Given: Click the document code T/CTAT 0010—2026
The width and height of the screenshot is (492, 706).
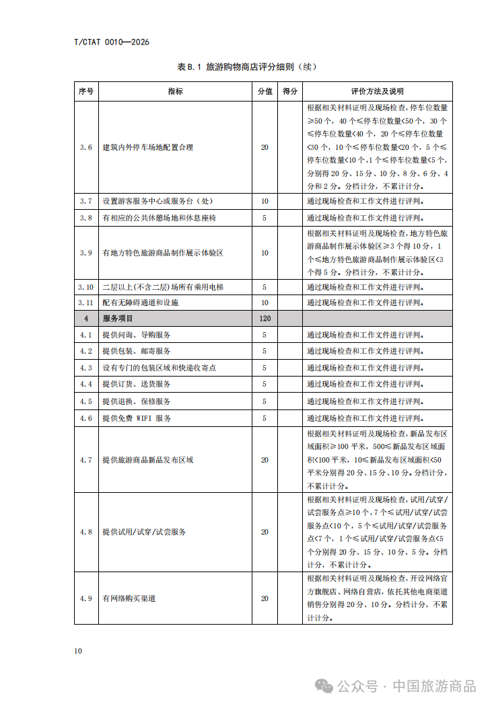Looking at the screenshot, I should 111,42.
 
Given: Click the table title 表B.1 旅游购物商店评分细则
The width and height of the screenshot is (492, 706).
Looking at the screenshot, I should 246,67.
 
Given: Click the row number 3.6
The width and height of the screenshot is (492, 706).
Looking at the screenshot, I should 86,147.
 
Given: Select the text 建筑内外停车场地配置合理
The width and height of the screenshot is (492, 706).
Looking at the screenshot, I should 147,147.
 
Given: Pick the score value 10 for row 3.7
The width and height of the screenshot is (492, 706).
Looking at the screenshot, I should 265,201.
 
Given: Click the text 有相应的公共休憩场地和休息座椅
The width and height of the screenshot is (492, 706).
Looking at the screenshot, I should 160,218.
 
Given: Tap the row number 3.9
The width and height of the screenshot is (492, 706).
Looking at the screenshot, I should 86,253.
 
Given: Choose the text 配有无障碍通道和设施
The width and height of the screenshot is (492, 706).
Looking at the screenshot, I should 141,303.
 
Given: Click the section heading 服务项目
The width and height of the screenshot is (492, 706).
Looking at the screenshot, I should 118,319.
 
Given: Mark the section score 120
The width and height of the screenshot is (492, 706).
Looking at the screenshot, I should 265,319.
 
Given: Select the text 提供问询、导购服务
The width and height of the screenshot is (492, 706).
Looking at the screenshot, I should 137,335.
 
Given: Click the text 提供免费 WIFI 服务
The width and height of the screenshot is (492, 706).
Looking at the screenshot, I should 137,418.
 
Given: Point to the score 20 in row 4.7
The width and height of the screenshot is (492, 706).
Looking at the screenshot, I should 265,460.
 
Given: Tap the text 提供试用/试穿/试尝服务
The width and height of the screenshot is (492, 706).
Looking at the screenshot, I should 144,532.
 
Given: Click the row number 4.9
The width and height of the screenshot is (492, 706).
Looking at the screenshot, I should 86,598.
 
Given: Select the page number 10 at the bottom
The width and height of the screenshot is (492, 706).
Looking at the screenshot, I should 78,651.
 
